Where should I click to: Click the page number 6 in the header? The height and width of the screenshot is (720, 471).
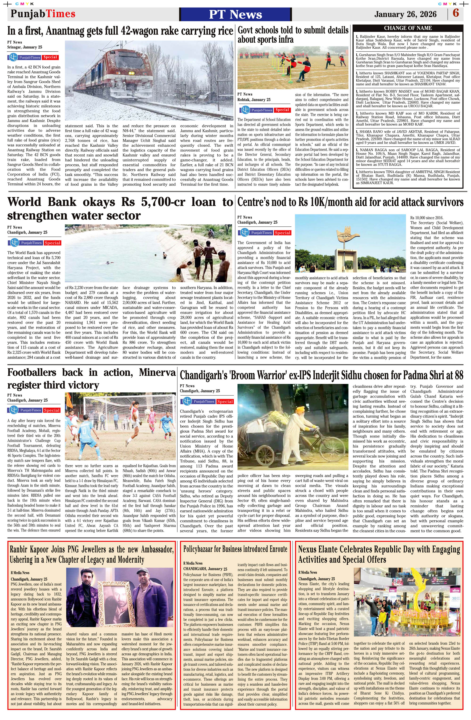pyautogui.click(x=455, y=13)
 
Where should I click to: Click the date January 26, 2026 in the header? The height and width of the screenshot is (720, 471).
pyautogui.click(x=405, y=14)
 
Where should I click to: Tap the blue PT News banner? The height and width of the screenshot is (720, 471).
pyautogui.click(x=235, y=14)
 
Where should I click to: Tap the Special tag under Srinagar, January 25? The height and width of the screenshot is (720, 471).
pyautogui.click(x=50, y=57)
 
